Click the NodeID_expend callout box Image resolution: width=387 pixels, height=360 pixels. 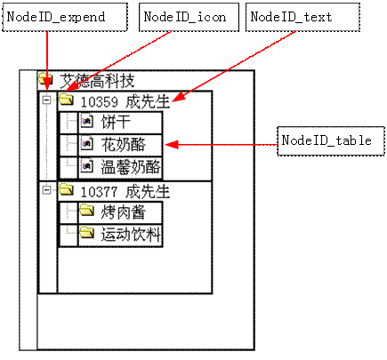65,17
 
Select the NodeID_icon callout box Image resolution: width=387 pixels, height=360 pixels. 189,17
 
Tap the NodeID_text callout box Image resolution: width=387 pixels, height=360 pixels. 302,17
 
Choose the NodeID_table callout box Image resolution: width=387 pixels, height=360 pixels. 331,141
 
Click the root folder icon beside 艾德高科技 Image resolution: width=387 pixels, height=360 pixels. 45,79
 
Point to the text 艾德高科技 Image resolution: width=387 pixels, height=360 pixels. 97,81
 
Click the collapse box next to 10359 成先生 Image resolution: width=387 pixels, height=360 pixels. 46,100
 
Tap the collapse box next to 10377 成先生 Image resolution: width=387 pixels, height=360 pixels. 46,190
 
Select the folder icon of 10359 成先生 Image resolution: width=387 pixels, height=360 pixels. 66,99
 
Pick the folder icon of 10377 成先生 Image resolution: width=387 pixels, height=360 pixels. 66,189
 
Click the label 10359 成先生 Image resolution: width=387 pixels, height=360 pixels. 125,101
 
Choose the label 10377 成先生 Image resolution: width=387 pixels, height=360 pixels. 125,192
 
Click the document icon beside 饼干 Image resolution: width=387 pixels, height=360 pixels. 87,121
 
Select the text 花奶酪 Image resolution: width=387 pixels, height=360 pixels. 124,145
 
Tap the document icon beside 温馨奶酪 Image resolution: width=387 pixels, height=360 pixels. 87,166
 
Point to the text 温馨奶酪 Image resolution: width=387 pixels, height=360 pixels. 131,167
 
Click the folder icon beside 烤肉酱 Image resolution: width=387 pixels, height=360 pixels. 86,210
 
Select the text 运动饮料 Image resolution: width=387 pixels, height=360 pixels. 131,235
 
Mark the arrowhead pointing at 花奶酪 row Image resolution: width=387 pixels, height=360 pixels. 172,145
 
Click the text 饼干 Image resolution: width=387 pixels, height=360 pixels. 116,122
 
